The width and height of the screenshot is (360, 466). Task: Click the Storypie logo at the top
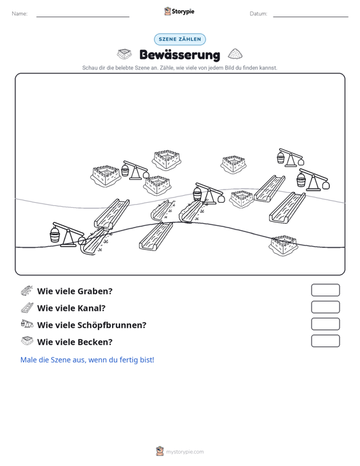point(179,11)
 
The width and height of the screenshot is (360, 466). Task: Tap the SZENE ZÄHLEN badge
point(180,39)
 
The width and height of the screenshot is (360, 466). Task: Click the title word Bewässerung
point(180,55)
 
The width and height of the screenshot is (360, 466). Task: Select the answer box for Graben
point(325,290)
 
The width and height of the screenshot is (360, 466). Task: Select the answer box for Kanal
point(325,307)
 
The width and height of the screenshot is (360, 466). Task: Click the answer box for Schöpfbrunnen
point(325,324)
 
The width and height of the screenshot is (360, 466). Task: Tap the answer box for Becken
point(325,341)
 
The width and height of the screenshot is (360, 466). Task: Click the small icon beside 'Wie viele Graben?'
point(27,291)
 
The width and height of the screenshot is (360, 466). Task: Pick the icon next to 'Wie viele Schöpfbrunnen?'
point(27,324)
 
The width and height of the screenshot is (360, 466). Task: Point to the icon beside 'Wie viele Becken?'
point(27,341)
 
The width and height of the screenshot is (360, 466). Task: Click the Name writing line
point(83,17)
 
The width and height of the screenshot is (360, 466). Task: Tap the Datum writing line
point(310,17)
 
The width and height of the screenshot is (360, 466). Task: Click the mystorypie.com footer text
point(185,452)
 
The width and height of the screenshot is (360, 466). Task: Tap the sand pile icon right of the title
point(235,54)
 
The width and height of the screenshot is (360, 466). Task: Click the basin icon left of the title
point(124,54)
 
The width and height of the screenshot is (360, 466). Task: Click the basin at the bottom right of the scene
point(283,245)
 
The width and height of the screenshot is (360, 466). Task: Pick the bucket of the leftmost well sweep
point(55,235)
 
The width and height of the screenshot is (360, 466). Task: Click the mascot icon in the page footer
point(160,451)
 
